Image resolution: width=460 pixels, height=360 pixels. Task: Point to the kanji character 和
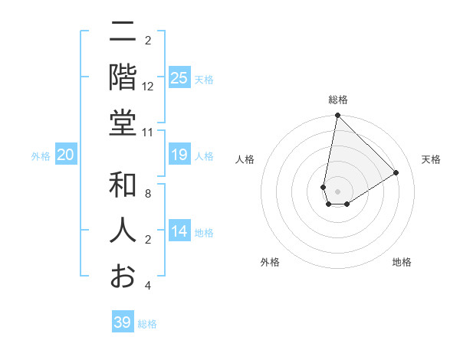point(123,186)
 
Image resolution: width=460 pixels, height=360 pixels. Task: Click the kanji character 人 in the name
point(123,230)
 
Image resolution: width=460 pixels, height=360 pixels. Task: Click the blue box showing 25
point(179,78)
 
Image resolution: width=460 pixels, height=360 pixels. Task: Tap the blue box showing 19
point(179,155)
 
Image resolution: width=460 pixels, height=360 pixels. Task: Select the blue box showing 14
point(179,232)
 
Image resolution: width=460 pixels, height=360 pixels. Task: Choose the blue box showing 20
point(66,155)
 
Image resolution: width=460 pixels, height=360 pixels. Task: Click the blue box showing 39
point(123,322)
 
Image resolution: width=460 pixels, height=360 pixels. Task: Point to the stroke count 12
point(148,87)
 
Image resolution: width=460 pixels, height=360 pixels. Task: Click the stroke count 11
point(148,133)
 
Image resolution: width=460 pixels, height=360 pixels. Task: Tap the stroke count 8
point(148,195)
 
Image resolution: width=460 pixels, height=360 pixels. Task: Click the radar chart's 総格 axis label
point(338,100)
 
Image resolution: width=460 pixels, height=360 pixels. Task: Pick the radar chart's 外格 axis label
point(270,262)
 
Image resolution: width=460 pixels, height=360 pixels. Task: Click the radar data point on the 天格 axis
point(396,172)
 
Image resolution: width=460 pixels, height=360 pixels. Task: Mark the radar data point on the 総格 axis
point(337,116)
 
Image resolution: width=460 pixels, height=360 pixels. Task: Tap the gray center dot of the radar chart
point(337,191)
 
